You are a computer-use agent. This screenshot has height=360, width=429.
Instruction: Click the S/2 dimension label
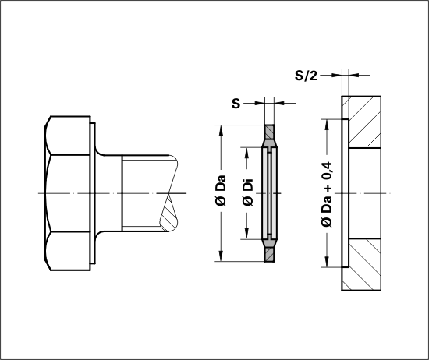pyautogui.click(x=306, y=76)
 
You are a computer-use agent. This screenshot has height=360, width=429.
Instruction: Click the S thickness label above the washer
pyautogui.click(x=236, y=104)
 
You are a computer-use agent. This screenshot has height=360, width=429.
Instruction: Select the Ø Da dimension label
pyautogui.click(x=221, y=191)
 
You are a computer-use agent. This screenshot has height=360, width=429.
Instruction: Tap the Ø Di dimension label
pyautogui.click(x=247, y=192)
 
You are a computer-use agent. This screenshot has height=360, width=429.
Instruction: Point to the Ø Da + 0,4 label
pyautogui.click(x=326, y=194)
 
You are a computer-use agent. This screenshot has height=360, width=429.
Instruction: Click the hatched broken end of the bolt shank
pyautogui.click(x=168, y=213)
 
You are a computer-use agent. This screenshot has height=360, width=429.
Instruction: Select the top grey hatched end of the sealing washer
pyautogui.click(x=270, y=132)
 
